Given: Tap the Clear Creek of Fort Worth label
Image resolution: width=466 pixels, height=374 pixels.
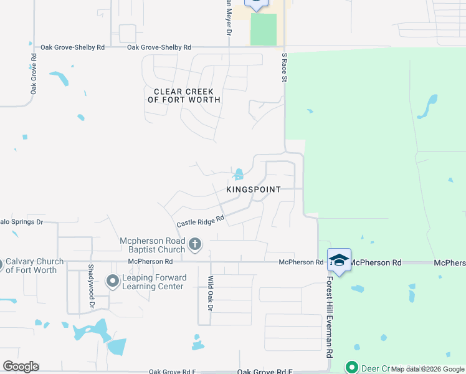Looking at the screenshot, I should coord(184,96).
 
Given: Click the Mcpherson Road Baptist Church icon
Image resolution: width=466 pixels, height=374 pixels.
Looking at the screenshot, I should coord(195,244).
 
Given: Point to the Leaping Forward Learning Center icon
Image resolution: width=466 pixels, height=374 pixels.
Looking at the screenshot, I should coord(113,282).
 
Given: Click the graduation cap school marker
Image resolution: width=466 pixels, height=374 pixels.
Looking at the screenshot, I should coord(339,260).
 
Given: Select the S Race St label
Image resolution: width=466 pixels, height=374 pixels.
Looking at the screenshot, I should coord(284,67).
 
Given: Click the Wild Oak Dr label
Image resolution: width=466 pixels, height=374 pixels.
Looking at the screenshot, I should coord(211,294).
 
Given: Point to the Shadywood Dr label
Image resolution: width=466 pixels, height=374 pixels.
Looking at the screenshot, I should coord(91,285).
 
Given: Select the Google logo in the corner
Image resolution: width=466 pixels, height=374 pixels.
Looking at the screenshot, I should coord(21,367).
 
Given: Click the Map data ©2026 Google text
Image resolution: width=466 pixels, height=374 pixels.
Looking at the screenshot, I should coord(427,369).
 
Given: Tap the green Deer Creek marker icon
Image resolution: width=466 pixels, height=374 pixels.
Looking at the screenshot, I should coord(352,368).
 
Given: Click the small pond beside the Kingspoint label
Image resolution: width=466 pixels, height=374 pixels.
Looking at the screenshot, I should coord(239,174).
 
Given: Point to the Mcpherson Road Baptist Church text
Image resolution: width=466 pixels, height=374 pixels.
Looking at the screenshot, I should coord(153,245).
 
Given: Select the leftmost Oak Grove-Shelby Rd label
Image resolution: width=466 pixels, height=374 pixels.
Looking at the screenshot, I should coord(74,47).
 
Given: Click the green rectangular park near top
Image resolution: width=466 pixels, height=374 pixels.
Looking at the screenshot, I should coord(263,29).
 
